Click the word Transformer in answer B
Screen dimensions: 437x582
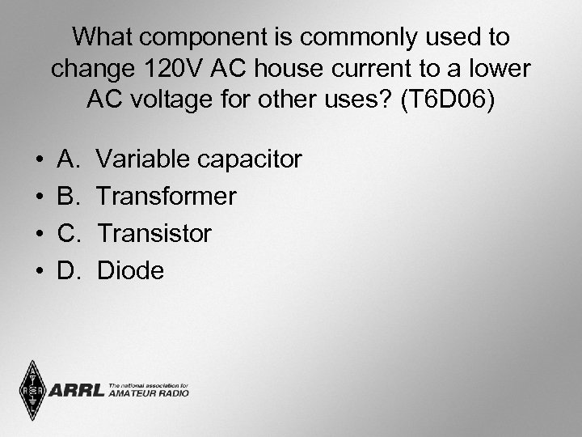167,197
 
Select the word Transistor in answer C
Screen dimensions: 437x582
154,234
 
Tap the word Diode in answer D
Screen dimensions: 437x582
130,271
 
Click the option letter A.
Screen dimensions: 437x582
67,159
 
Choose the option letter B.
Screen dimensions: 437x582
67,197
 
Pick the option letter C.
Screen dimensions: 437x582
67,234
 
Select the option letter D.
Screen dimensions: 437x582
67,271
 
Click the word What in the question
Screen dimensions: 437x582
103,37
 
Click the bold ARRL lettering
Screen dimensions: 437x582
77,392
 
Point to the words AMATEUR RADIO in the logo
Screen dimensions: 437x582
148,393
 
